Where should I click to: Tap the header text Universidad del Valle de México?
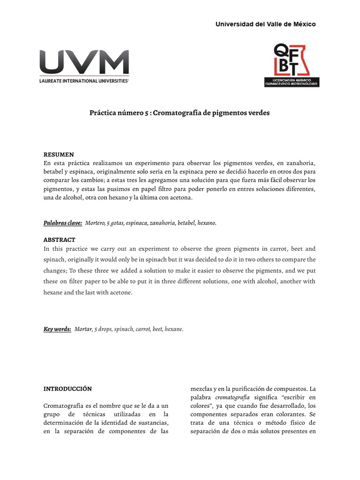[265, 24]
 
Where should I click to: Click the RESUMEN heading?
[59, 154]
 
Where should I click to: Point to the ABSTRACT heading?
[60, 240]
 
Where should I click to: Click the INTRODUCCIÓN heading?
[67, 389]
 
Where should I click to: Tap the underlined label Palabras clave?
[63, 223]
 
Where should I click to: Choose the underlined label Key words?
[57, 329]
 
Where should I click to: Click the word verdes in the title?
[259, 113]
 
